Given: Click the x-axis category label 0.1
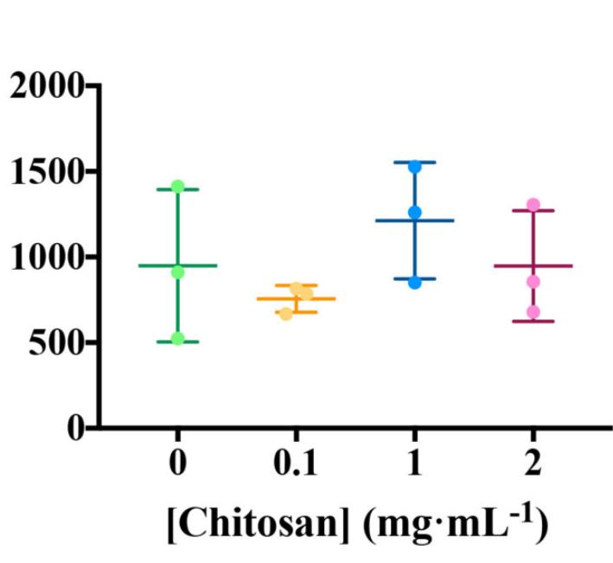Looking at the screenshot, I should [x=296, y=465].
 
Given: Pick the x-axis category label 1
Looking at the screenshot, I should [x=414, y=465].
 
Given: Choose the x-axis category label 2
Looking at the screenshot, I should [x=533, y=465].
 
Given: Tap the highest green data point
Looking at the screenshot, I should [x=178, y=186].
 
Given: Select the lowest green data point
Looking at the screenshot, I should [x=178, y=338].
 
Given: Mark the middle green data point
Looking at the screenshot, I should [x=178, y=272].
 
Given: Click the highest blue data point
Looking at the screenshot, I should [x=415, y=166].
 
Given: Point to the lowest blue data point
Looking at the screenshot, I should [x=415, y=282].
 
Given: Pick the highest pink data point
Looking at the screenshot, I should [x=533, y=205].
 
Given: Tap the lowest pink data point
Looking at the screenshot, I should [x=533, y=311].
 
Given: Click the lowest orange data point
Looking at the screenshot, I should [x=286, y=313].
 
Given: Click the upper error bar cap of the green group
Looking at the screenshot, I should [x=178, y=189].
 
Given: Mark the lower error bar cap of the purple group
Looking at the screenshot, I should [x=533, y=322].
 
